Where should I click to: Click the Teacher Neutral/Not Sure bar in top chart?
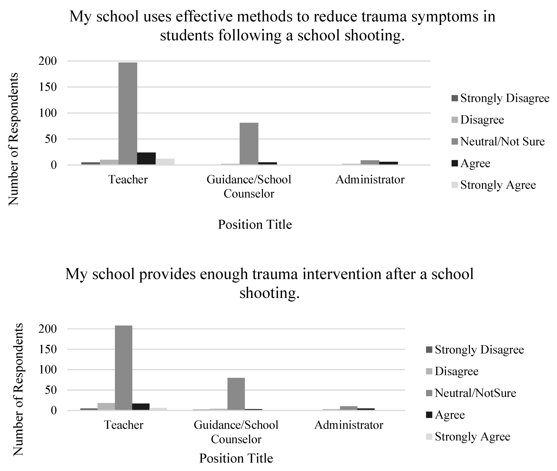tap(128, 114)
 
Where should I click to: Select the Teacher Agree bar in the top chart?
tap(146, 159)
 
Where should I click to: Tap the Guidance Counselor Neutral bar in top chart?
tap(249, 144)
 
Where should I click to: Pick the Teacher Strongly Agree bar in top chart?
tap(165, 162)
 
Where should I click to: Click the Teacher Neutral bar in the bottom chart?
tap(124, 368)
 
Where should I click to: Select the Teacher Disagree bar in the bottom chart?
tap(106, 407)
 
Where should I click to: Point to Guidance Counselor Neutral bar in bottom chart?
tap(236, 394)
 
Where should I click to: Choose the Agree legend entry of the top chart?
tap(475, 163)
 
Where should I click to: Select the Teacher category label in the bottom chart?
tap(124, 425)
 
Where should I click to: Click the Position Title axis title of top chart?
tap(255, 225)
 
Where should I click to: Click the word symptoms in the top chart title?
tap(441, 16)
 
